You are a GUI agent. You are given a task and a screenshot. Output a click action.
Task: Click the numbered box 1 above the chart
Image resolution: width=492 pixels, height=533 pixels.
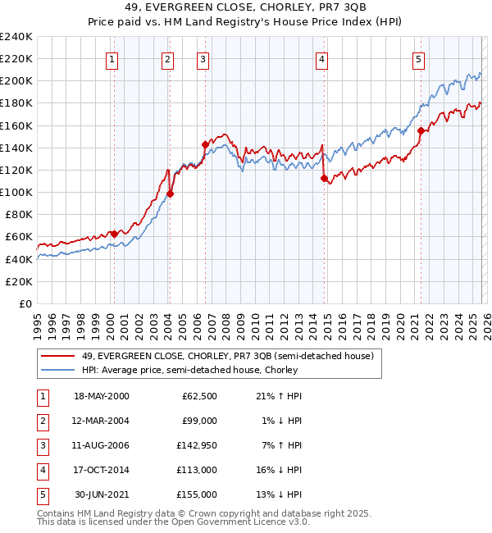pyautogui.click(x=111, y=59)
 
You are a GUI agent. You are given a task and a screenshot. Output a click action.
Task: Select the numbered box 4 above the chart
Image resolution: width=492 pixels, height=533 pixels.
pyautogui.click(x=322, y=59)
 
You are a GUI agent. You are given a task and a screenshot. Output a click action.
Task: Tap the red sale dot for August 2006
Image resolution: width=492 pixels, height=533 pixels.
pyautogui.click(x=205, y=143)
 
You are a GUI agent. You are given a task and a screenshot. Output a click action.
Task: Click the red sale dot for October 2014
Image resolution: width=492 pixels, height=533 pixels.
pyautogui.click(x=324, y=177)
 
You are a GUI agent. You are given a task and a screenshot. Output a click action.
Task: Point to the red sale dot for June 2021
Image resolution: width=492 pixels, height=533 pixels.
pyautogui.click(x=421, y=130)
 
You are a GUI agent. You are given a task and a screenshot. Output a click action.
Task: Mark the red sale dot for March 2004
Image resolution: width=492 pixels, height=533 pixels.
pyautogui.click(x=171, y=194)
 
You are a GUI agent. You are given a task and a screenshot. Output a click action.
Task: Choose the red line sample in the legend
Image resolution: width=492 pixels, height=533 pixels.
pyautogui.click(x=58, y=356)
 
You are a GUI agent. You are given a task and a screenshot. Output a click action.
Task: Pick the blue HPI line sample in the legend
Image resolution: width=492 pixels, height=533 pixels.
pyautogui.click(x=58, y=370)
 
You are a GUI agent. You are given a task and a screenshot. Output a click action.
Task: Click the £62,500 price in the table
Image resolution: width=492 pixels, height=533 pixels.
pyautogui.click(x=199, y=396)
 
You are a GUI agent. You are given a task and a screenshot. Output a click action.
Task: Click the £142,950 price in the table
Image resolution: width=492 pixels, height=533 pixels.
pyautogui.click(x=197, y=445)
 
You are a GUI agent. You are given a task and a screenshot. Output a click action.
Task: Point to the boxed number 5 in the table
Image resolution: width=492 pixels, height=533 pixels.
pyautogui.click(x=41, y=494)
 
